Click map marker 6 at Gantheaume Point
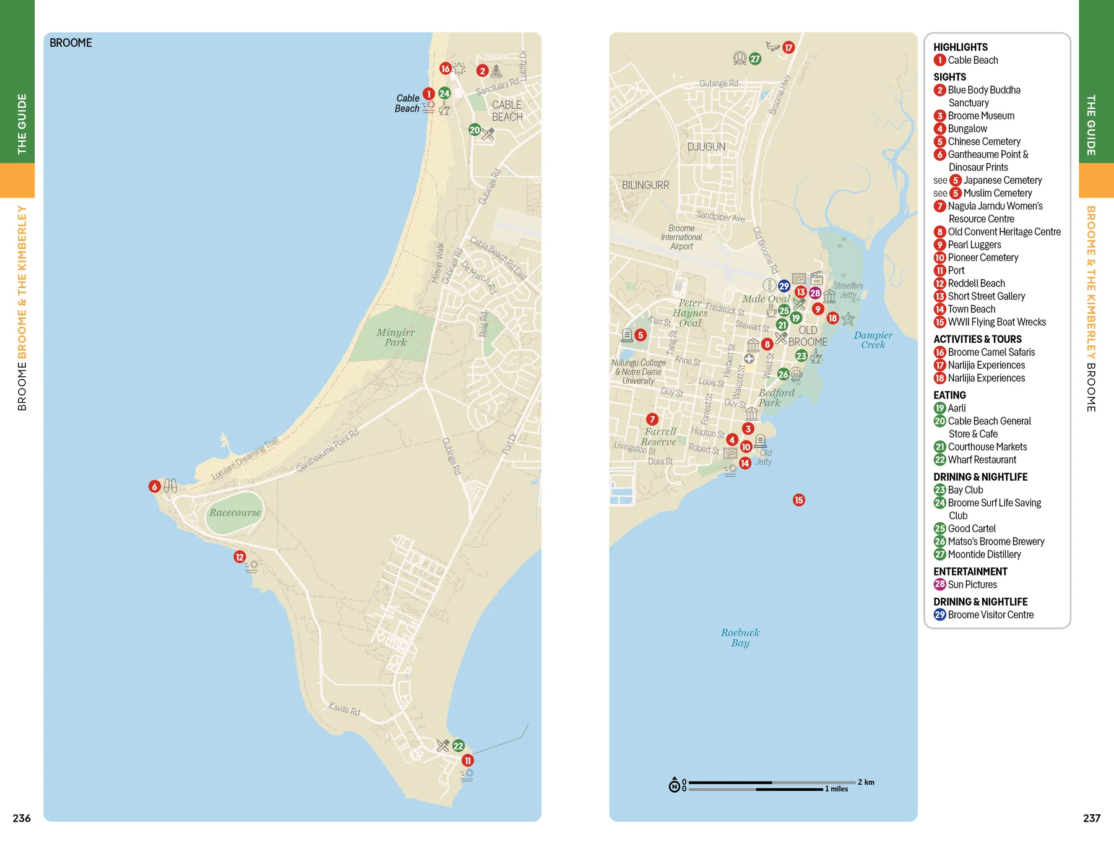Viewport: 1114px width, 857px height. pyautogui.click(x=155, y=486)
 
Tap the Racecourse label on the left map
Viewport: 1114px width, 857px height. pyautogui.click(x=235, y=512)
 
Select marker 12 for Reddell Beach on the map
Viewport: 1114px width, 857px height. pyautogui.click(x=240, y=557)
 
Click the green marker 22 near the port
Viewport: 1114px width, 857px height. pyautogui.click(x=458, y=746)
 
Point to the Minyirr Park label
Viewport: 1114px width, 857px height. pyautogui.click(x=395, y=337)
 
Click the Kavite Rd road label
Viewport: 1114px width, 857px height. pyautogui.click(x=344, y=708)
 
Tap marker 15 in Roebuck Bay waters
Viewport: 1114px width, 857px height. pyautogui.click(x=798, y=500)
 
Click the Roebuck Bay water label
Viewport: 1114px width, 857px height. pyautogui.click(x=740, y=637)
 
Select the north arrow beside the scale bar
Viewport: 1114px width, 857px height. pyautogui.click(x=674, y=785)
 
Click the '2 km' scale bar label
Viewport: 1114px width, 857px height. pyautogui.click(x=866, y=782)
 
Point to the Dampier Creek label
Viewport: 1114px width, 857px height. pyautogui.click(x=873, y=340)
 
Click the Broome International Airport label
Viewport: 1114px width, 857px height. pyautogui.click(x=681, y=237)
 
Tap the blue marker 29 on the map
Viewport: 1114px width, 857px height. pyautogui.click(x=784, y=286)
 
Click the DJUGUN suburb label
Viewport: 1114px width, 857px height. pyautogui.click(x=706, y=147)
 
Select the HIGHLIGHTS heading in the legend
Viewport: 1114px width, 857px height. pyautogui.click(x=960, y=47)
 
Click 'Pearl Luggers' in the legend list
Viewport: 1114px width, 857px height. pyautogui.click(x=974, y=244)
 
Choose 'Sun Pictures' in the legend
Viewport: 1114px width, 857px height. pyautogui.click(x=972, y=584)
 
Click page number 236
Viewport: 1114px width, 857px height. pyautogui.click(x=22, y=818)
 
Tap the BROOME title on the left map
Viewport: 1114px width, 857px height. pyautogui.click(x=71, y=43)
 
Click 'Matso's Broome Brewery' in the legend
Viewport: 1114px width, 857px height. pyautogui.click(x=996, y=541)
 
